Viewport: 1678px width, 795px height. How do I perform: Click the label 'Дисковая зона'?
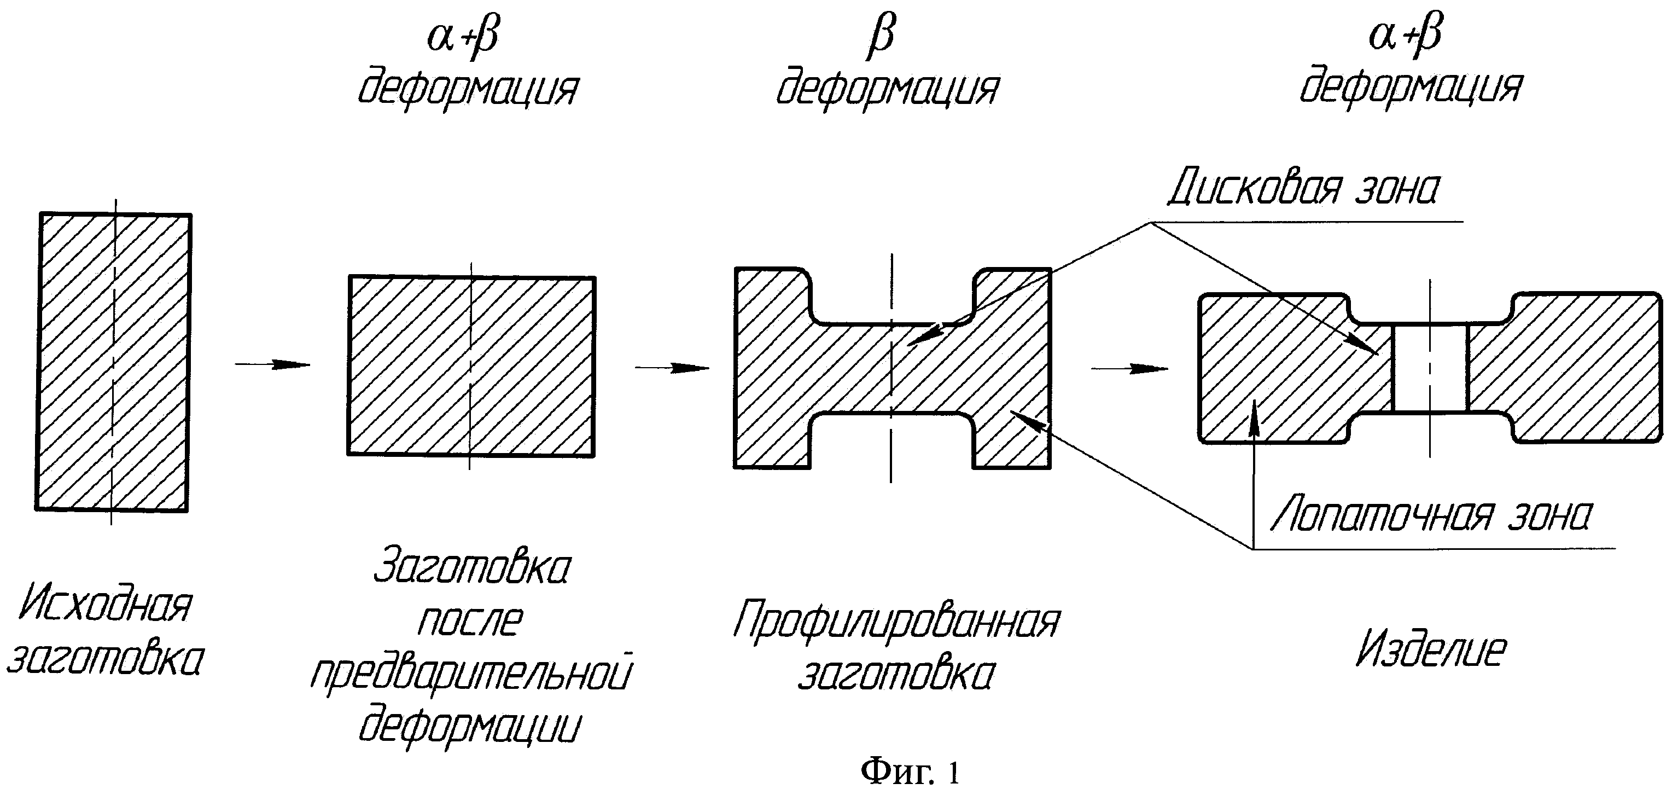(1303, 189)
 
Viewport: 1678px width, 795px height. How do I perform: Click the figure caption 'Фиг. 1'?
(910, 772)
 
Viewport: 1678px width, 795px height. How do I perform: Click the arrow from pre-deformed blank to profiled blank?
(672, 368)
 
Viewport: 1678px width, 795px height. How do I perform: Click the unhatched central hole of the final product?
(1430, 368)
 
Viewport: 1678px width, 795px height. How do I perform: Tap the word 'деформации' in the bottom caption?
(469, 727)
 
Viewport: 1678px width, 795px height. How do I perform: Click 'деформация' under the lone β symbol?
(887, 89)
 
